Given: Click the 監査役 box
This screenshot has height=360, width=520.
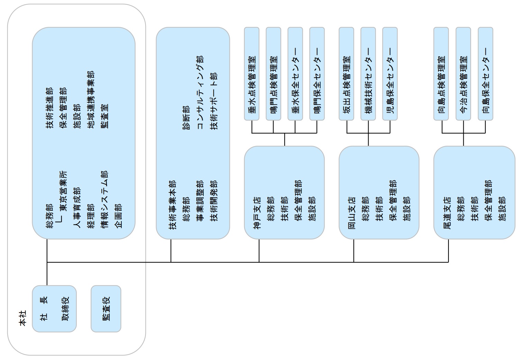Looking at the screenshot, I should coord(106,309).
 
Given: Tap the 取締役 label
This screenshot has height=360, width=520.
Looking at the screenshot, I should coord(65,309).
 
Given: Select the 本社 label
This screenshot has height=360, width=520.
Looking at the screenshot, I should coord(23,318).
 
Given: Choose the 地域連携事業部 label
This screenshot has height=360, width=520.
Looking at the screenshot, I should coord(91,100).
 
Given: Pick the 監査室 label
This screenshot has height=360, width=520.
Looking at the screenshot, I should coord(104,116).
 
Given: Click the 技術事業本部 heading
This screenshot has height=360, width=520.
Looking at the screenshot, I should coord(172,205).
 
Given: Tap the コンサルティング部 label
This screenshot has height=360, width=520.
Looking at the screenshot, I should coord(200,92).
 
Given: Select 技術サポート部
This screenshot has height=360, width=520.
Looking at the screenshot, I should coord(214,101).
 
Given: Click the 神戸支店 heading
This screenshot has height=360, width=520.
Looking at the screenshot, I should coord(257,213).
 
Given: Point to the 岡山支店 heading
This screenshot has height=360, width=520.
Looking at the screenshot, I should coord(352,213).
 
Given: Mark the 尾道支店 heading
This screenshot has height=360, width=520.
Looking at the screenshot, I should coord(447,213).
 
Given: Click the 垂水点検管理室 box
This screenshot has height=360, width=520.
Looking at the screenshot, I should coord(252,74).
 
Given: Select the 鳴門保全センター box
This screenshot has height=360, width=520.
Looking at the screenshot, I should coord(317,74).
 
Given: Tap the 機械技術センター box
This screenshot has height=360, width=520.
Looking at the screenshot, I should coord(368,74).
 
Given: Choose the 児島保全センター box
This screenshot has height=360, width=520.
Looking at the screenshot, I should coord(390,74).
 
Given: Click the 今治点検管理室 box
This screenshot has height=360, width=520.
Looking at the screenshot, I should coord(463,74).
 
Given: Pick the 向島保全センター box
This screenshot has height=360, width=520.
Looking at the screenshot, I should coord(485,74).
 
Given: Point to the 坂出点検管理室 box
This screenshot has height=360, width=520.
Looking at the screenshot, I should coord(346,74).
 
